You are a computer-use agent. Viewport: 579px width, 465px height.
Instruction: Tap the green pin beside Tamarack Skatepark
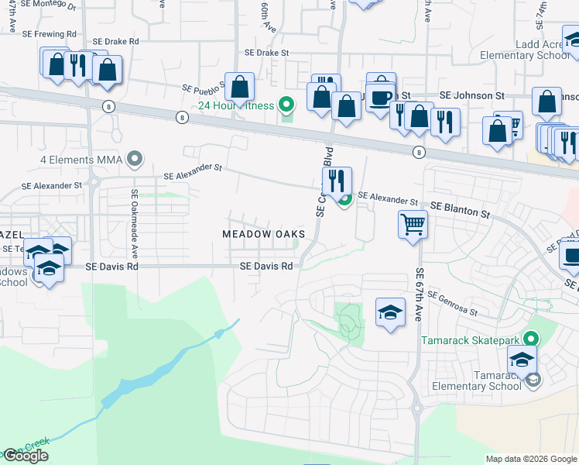530,339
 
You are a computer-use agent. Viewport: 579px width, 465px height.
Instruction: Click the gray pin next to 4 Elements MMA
135,160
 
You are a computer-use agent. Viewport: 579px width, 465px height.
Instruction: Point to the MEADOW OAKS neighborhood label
263,234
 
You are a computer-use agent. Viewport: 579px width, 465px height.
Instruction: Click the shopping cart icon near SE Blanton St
413,225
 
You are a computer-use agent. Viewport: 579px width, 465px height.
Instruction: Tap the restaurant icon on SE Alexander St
337,182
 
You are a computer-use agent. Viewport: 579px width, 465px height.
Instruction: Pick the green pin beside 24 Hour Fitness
287,104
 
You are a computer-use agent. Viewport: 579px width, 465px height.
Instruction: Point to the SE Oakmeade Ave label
134,224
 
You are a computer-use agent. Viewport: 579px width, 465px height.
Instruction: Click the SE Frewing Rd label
50,35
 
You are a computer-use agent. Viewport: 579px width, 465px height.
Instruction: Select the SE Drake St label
266,53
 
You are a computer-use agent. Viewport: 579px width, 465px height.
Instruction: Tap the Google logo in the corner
26,456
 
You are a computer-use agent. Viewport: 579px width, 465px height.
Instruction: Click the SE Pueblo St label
203,88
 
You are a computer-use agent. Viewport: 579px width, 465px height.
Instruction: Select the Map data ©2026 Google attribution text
531,459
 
